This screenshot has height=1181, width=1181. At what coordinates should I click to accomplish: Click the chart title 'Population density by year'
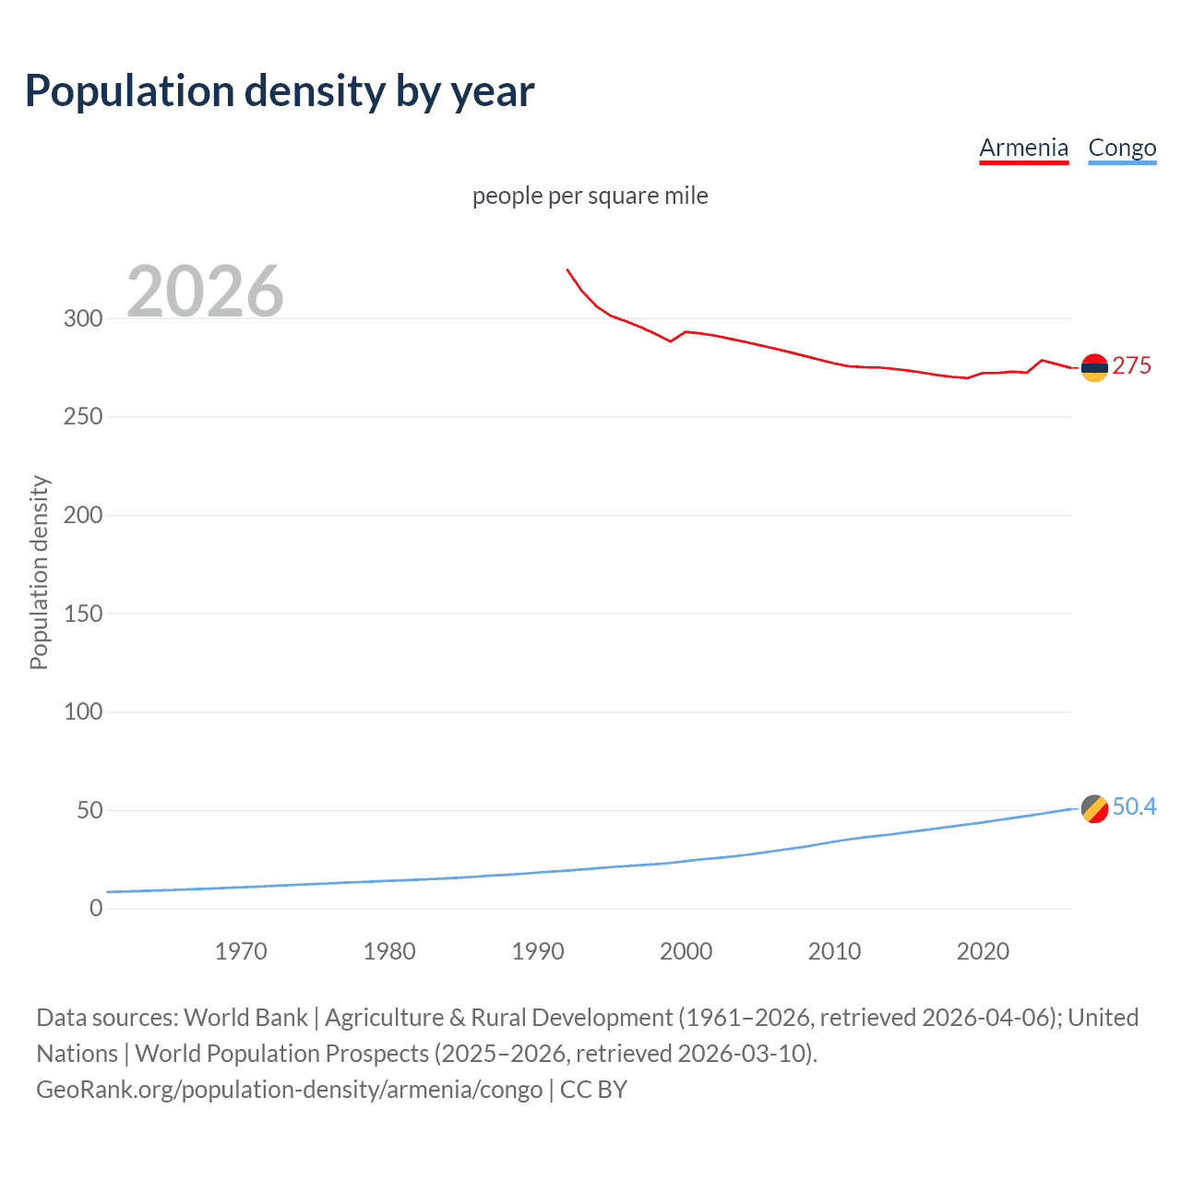coord(280,90)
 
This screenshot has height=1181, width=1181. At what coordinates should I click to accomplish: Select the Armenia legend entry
coord(1023,148)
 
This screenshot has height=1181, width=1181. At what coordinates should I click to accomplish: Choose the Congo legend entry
coord(1122,148)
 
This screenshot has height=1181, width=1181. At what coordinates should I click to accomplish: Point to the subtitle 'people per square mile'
coord(590,196)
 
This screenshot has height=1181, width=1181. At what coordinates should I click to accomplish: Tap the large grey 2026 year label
coord(205,291)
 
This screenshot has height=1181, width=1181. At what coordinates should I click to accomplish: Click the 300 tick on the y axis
coord(83,318)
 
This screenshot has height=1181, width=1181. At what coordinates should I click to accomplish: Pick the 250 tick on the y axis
coord(83,417)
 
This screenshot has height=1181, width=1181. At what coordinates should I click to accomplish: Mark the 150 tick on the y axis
coord(83,614)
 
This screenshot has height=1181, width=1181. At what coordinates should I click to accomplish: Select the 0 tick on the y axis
coord(96,908)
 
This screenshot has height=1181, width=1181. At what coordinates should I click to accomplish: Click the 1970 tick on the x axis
coord(241,951)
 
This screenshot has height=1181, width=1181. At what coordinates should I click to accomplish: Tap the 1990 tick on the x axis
coord(538,951)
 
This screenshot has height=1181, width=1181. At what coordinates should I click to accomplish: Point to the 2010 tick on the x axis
coord(834,951)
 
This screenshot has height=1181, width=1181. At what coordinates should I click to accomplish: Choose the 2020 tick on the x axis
coord(983,951)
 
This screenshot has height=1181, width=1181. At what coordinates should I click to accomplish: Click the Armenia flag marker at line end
coord(1094,367)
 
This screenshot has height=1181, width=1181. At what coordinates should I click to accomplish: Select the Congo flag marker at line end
coord(1094,808)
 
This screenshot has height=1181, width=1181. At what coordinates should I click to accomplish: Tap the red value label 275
coord(1131,365)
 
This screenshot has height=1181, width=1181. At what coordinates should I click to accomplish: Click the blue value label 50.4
coord(1134,806)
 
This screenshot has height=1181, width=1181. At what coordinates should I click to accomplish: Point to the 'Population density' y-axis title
coord(39,572)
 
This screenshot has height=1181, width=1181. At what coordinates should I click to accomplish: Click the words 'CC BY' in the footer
coord(593,1090)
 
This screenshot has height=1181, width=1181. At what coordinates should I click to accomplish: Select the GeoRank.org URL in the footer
coord(289,1090)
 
